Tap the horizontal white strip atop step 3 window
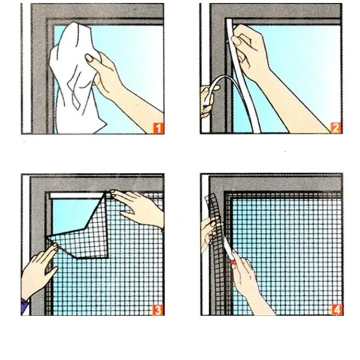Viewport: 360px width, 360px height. pos(77,196)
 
